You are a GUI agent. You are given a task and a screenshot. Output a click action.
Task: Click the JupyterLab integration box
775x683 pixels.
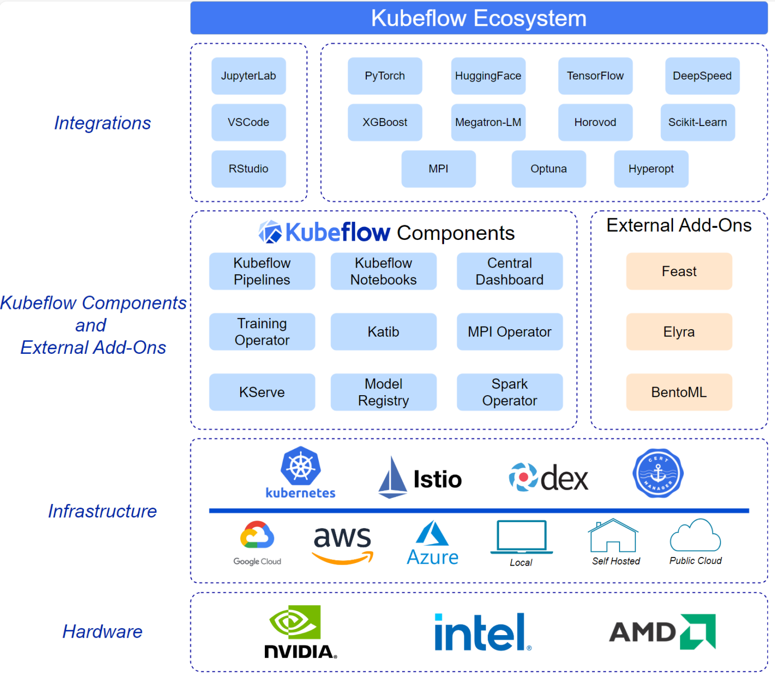248,76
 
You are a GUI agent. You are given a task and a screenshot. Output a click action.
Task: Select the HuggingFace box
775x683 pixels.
488,76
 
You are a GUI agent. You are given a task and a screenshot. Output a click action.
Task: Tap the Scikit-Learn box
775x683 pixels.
697,122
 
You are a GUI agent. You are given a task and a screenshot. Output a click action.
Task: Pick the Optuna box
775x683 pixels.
548,169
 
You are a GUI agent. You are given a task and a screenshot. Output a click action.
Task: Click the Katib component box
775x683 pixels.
383,332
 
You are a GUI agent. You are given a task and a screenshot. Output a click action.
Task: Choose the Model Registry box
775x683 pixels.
383,392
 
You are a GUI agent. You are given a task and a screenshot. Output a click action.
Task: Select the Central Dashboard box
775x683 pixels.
510,271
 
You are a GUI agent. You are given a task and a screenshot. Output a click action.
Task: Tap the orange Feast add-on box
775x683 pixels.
679,271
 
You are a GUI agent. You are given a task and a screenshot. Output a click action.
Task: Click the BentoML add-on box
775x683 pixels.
679,392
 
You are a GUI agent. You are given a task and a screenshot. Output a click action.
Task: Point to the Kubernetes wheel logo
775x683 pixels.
301,466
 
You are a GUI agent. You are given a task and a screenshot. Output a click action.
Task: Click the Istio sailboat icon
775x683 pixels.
393,478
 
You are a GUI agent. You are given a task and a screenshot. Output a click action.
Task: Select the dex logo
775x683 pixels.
548,478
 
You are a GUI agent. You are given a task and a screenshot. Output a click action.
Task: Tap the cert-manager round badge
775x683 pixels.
658,473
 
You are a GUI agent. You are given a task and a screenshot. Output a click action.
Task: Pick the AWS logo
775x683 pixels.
343,543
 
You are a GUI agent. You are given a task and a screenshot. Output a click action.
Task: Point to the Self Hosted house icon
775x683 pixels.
613,536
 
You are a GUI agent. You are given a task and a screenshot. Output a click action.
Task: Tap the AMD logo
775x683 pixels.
662,632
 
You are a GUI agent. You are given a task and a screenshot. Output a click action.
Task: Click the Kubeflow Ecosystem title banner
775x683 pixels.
479,18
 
